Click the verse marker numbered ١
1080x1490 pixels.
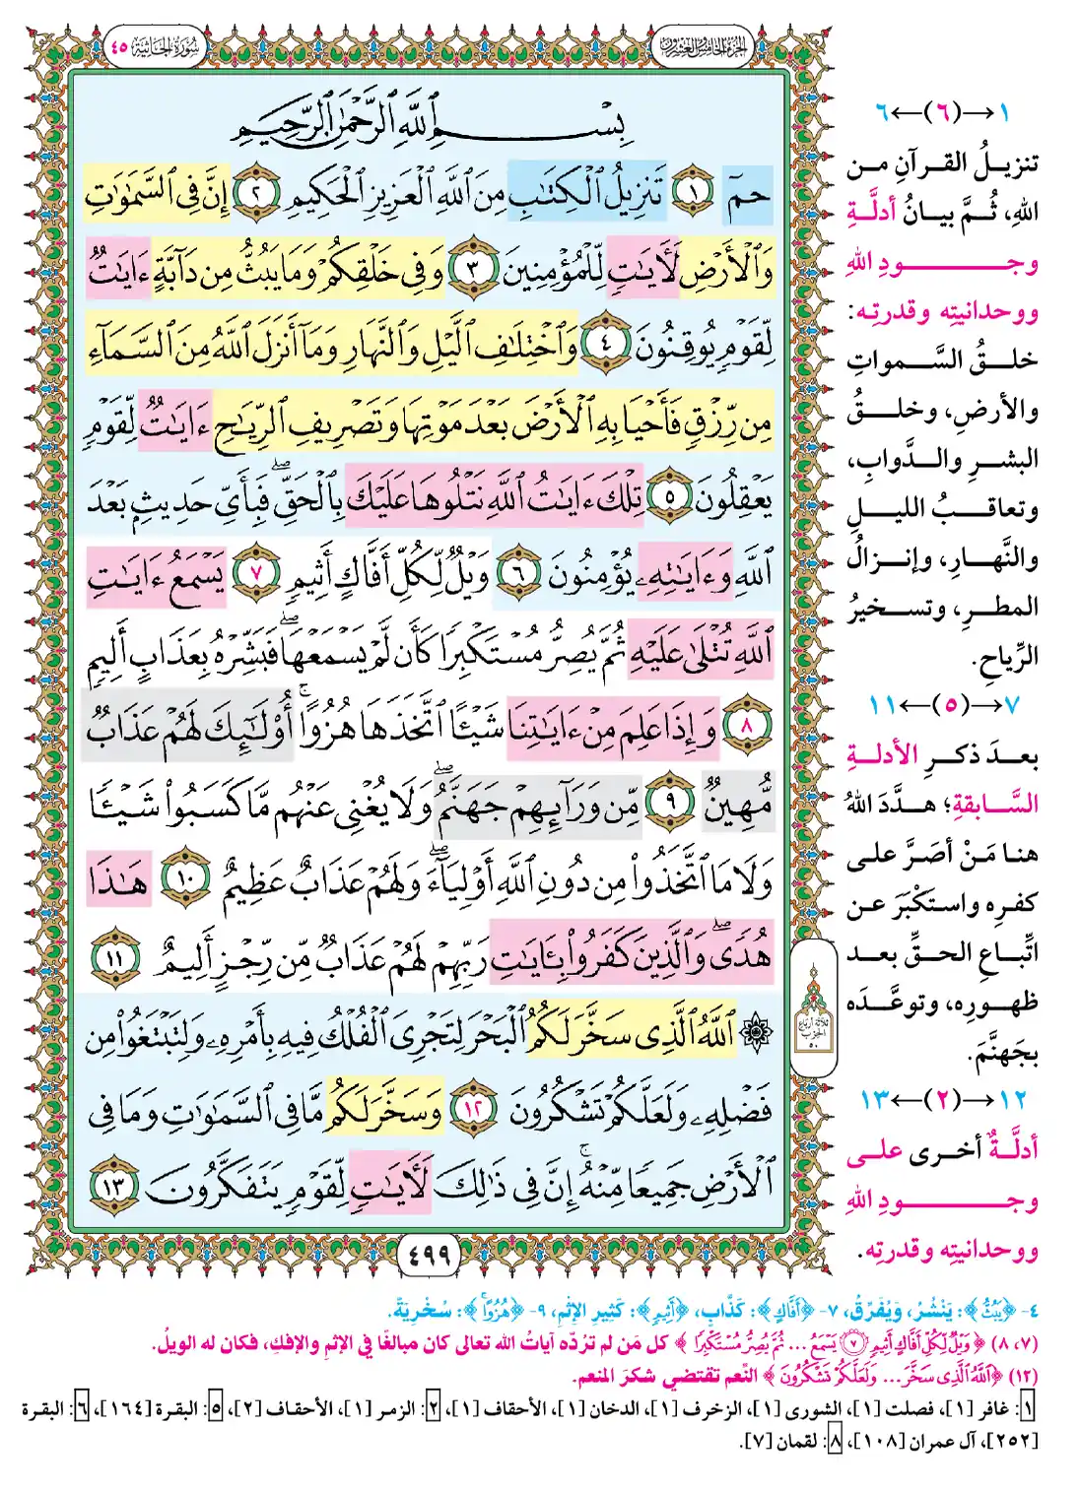coord(693,196)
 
